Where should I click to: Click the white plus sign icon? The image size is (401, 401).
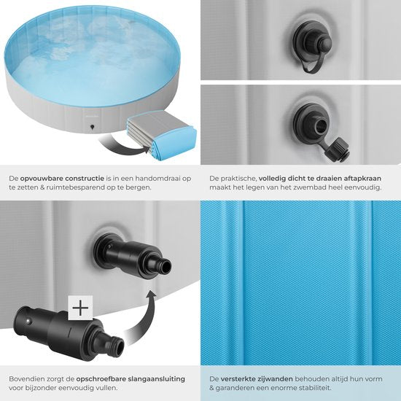[80, 308]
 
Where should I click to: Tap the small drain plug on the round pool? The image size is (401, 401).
[92, 127]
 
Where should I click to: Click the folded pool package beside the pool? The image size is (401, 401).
[162, 133]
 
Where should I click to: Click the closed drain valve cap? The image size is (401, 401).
[323, 44]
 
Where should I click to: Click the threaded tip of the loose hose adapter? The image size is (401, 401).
[117, 347]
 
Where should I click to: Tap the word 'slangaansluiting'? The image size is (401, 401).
[156, 379]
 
